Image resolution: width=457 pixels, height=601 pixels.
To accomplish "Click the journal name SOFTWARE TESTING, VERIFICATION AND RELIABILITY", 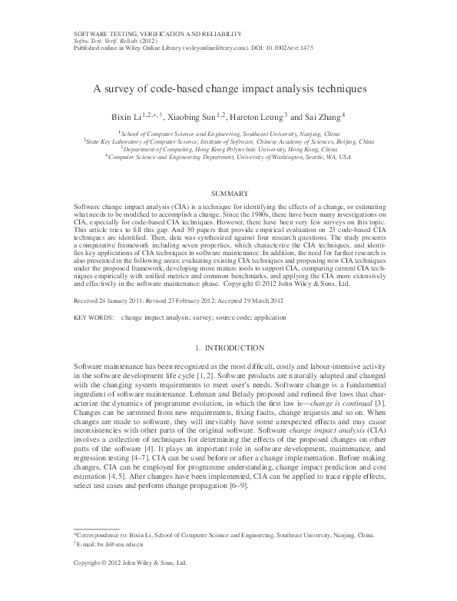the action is pos(157,34).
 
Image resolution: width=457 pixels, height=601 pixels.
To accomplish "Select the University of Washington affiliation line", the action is pos(229,157).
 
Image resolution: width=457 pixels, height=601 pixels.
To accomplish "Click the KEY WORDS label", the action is pos(93,295).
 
